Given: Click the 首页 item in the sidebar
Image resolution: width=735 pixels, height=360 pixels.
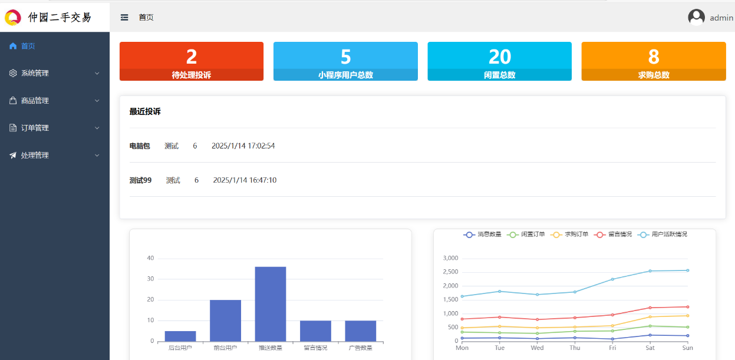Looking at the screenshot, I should pyautogui.click(x=28, y=46).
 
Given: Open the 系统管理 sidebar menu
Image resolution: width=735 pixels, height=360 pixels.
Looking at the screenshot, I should pyautogui.click(x=35, y=73).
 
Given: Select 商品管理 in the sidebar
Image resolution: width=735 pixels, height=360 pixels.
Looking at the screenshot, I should pyautogui.click(x=35, y=101).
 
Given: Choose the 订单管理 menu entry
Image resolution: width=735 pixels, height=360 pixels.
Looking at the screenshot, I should pyautogui.click(x=35, y=128).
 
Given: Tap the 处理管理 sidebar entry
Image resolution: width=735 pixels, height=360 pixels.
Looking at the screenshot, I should pyautogui.click(x=35, y=156).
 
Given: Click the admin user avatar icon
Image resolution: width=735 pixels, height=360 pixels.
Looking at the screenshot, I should pyautogui.click(x=696, y=18).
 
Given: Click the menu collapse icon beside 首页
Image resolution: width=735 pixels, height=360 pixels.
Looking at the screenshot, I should pyautogui.click(x=124, y=18).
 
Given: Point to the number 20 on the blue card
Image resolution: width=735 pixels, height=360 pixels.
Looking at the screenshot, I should pyautogui.click(x=499, y=57).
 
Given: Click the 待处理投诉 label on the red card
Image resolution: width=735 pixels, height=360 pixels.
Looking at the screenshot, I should pyautogui.click(x=191, y=75).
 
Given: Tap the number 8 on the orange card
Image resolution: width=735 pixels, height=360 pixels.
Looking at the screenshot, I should pyautogui.click(x=653, y=57).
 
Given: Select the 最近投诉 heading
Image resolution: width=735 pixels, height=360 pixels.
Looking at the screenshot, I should pyautogui.click(x=145, y=111).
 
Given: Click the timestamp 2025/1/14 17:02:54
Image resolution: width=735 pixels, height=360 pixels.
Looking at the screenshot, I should pyautogui.click(x=243, y=146).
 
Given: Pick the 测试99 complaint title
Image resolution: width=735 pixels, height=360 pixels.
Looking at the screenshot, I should pyautogui.click(x=140, y=180).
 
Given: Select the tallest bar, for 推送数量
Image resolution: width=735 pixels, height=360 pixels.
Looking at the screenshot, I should pyautogui.click(x=271, y=303).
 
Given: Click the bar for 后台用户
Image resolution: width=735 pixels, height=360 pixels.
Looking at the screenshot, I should pyautogui.click(x=180, y=336).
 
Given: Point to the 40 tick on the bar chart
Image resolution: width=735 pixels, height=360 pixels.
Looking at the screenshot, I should pyautogui.click(x=150, y=258).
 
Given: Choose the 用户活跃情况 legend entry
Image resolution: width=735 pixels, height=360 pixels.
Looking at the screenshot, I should pyautogui.click(x=663, y=235).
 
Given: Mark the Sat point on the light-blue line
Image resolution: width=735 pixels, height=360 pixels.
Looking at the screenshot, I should pyautogui.click(x=650, y=271).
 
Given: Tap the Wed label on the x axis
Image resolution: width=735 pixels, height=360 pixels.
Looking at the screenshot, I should pyautogui.click(x=537, y=348).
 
